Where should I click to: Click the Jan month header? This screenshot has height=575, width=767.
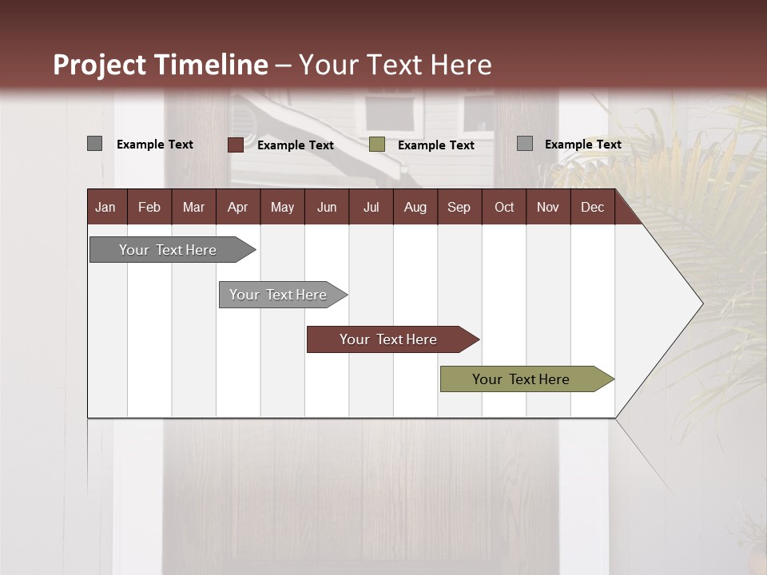point(106,207)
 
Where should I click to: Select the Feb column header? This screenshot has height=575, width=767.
point(149,207)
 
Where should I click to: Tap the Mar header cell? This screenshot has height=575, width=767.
point(193,207)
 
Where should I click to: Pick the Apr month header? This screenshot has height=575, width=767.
point(238,207)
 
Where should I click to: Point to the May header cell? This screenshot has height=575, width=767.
point(282,207)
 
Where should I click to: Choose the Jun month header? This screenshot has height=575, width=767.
point(327,207)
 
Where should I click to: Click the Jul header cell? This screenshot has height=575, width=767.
point(371,207)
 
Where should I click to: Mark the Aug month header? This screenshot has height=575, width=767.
point(415,207)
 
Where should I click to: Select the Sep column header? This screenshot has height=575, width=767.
point(459,207)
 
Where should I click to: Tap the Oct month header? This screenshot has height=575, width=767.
point(504,207)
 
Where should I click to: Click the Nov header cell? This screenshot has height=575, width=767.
point(548,207)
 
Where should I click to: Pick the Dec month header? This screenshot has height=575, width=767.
point(593,207)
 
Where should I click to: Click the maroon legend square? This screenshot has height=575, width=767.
point(235,145)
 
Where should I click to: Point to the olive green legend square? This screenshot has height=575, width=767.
point(377,145)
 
